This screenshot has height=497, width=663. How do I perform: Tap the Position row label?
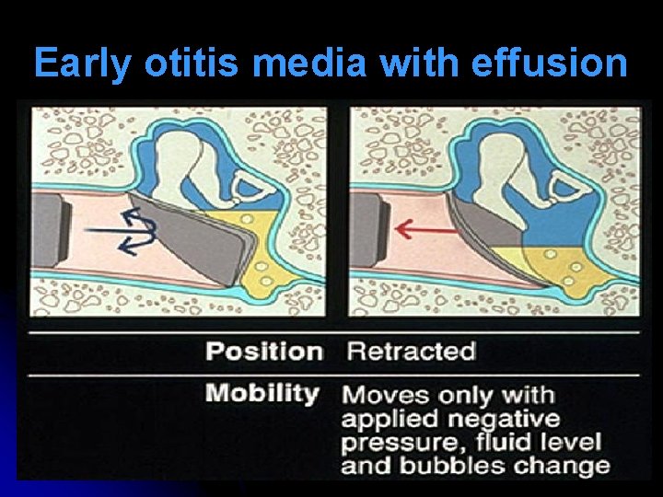point(264,351)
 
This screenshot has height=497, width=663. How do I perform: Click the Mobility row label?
point(262,394)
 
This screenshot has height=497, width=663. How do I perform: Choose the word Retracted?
point(410,351)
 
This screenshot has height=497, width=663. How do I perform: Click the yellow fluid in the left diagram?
point(272,239)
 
